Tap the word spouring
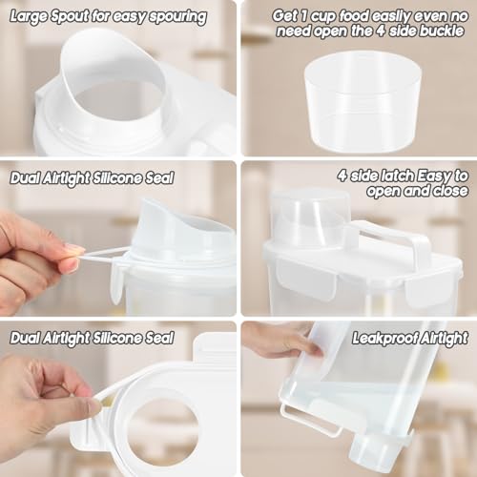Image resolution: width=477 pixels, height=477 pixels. [177, 17]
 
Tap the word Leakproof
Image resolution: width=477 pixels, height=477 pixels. [384, 339]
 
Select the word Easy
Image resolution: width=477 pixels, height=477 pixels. [435, 176]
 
